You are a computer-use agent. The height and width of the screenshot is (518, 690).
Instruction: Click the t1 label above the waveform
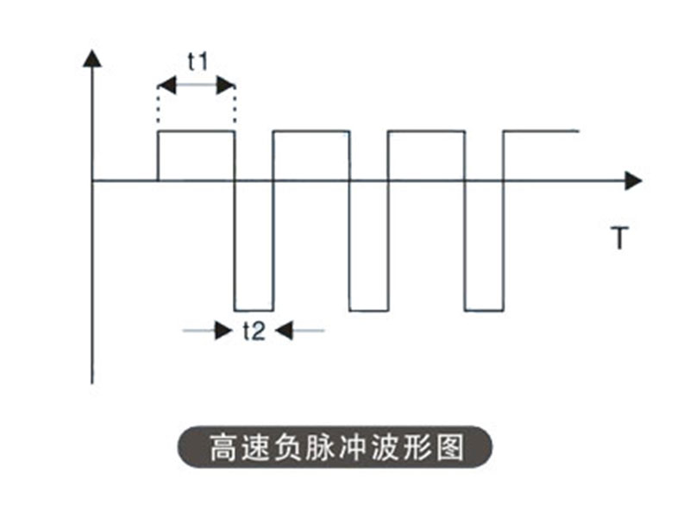(198, 61)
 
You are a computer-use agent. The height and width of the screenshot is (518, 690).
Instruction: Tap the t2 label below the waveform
(254, 331)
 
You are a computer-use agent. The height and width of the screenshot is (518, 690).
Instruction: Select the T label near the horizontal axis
(619, 237)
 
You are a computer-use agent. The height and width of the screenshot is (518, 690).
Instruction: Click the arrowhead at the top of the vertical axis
(92, 58)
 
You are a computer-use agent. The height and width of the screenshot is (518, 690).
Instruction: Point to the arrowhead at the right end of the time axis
(634, 181)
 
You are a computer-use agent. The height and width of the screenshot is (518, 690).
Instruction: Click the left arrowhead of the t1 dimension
(166, 85)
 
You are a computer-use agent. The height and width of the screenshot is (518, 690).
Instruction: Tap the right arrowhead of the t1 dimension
(226, 85)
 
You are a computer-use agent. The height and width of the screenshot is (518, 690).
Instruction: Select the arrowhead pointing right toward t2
(223, 331)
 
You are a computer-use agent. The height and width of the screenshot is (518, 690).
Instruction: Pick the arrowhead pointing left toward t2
(285, 331)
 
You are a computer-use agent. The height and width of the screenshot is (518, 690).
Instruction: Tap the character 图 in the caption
(450, 447)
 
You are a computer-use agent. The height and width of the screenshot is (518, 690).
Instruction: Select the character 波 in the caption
(386, 447)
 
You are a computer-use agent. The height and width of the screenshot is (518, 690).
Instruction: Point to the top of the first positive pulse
(197, 131)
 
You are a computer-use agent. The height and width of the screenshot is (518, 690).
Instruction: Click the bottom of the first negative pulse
(254, 311)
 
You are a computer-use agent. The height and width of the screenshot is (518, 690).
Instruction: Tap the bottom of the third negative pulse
(484, 311)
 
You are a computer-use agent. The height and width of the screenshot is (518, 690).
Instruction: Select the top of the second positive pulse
(311, 131)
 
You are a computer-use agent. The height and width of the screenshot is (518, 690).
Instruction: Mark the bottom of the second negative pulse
(369, 311)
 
